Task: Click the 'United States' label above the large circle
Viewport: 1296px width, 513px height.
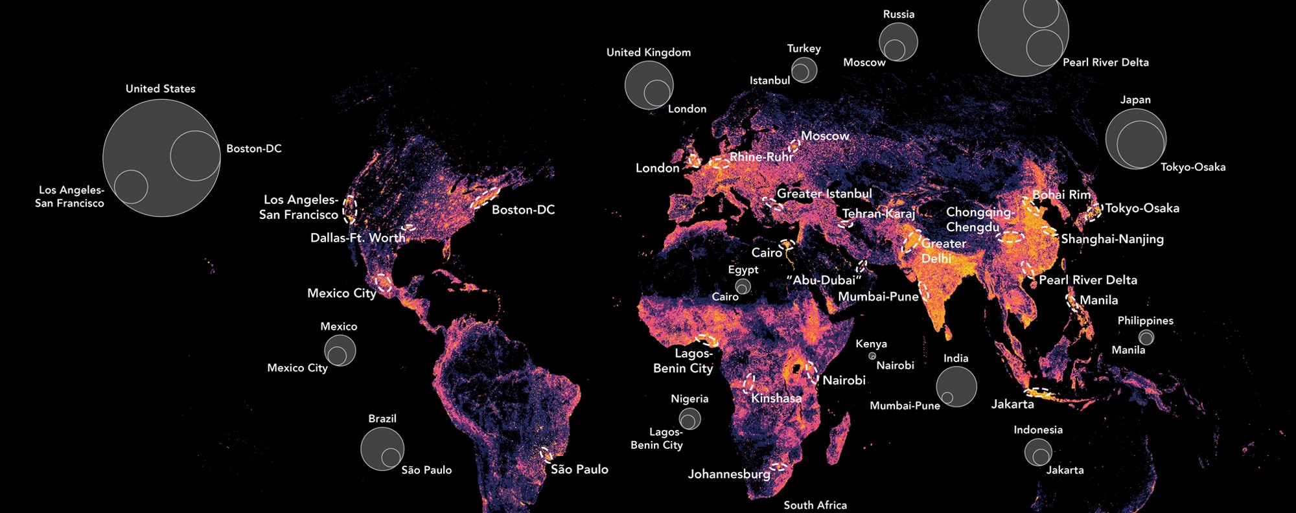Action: (160, 89)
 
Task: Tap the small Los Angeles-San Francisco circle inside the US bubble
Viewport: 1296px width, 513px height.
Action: (131, 187)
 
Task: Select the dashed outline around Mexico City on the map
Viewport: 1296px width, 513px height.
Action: (384, 282)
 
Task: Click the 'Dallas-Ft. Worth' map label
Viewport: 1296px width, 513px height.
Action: (357, 238)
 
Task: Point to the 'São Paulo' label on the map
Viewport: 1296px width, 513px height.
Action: (579, 469)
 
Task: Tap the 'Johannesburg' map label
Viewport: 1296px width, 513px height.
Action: (729, 474)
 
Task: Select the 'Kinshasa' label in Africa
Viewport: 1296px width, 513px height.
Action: (776, 398)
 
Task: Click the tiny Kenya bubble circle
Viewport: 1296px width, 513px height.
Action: (872, 356)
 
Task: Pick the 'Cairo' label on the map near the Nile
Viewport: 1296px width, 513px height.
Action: (767, 253)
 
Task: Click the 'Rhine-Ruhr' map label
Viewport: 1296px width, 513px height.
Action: (761, 157)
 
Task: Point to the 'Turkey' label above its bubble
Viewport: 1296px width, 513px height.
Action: (804, 49)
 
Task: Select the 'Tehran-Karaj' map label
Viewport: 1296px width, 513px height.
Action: (879, 214)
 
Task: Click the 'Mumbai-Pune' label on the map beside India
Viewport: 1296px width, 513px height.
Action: (878, 297)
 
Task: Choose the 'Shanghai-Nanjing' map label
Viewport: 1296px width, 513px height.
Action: (1112, 239)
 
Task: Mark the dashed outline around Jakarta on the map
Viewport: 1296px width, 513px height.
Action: (1039, 393)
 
